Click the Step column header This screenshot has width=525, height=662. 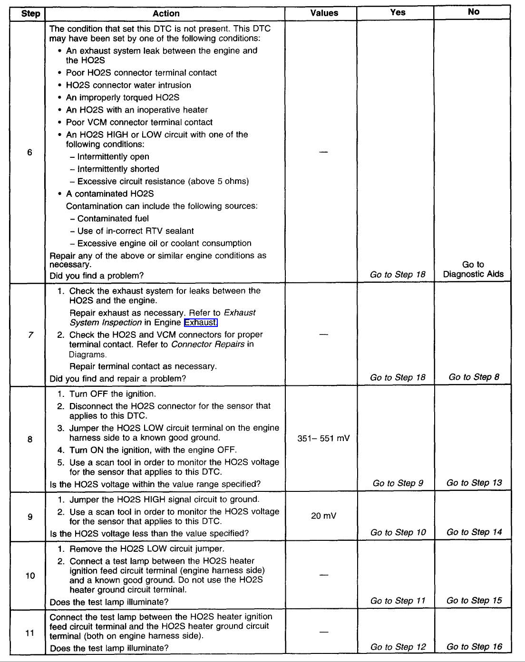coord(30,13)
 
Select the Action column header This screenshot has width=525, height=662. coord(166,13)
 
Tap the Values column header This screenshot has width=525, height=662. coord(324,13)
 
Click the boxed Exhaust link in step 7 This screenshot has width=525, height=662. coord(201,323)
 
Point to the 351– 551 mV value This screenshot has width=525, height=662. coord(323,438)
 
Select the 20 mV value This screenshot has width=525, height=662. coord(323,516)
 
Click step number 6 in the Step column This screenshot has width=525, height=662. coord(30,153)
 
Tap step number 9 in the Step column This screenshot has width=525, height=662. coord(30,517)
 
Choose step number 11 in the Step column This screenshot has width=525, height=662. coord(30,633)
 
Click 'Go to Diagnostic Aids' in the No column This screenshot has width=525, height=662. coord(473,269)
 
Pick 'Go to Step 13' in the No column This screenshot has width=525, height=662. coord(474,483)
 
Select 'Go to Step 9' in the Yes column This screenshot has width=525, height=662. coord(398,483)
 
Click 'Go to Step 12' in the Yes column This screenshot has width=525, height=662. coord(398,647)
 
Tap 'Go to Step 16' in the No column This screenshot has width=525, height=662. coord(474,646)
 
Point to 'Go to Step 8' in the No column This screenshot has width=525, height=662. coord(474,377)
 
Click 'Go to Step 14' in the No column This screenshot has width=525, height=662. coord(474,532)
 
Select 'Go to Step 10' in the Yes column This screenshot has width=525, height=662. coord(398,532)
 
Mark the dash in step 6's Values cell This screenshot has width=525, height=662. coord(323,152)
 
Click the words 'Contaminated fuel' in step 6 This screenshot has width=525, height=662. coord(113,219)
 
